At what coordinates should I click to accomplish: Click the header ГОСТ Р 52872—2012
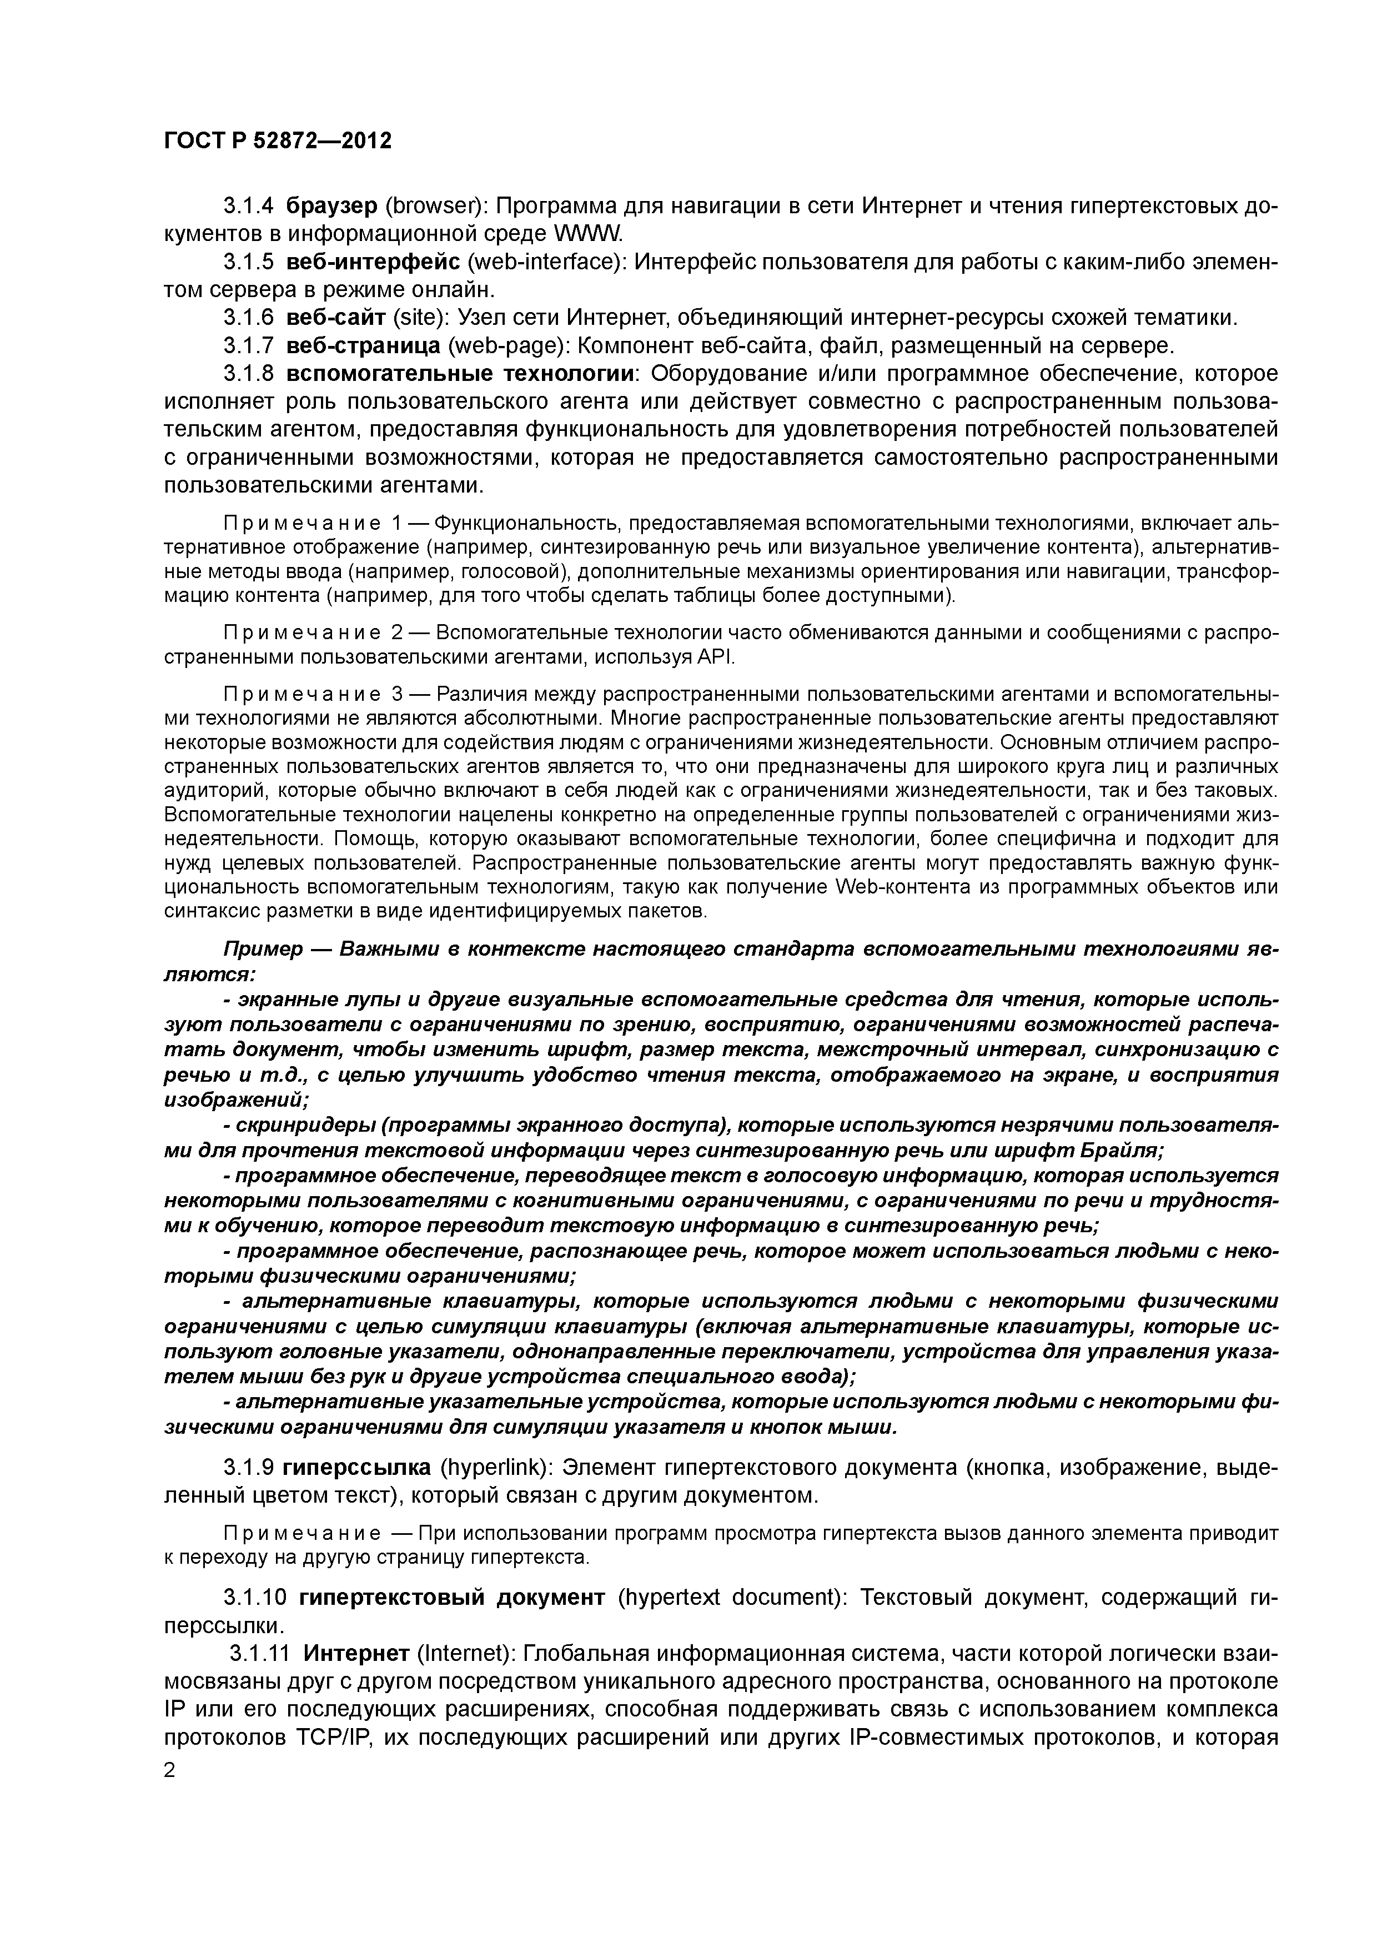(278, 141)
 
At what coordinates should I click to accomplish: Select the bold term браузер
(331, 206)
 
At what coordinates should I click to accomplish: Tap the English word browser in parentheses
(434, 206)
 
